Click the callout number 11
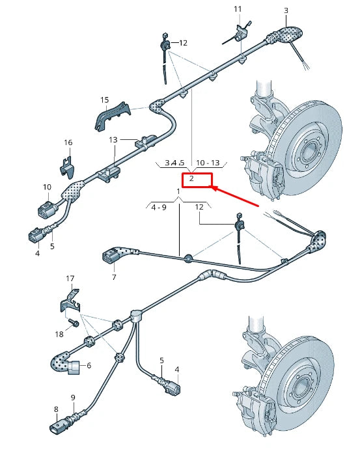238,9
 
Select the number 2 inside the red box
191,178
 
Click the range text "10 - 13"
208,162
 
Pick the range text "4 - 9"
159,207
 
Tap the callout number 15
104,100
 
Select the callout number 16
68,143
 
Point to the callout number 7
113,277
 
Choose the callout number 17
71,279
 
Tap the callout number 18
59,334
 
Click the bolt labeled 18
73,322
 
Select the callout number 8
56,409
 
